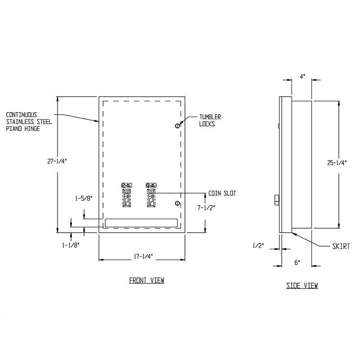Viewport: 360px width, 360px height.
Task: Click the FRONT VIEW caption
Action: click(147, 280)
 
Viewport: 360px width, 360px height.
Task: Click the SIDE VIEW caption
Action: click(302, 285)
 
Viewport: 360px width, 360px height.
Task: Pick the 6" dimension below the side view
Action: click(297, 262)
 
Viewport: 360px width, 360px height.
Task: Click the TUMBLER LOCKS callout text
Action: click(210, 120)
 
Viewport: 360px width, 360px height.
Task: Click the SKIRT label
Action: click(342, 246)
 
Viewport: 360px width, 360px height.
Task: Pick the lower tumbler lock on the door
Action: click(177, 204)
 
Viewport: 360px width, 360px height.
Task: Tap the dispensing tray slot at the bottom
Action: click(141, 222)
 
